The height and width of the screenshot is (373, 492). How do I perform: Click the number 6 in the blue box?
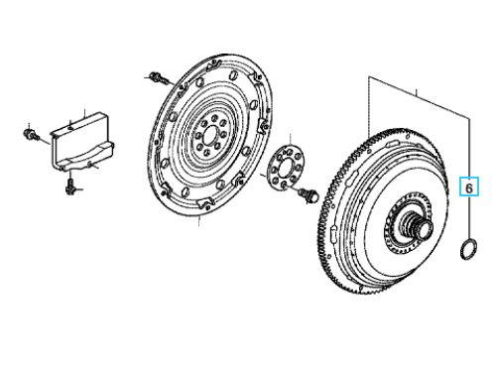pyautogui.click(x=469, y=187)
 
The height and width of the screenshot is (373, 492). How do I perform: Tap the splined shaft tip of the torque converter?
pyautogui.click(x=426, y=229)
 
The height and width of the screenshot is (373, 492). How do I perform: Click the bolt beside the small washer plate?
pyautogui.click(x=308, y=194)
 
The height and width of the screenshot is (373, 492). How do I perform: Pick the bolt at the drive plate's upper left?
pyautogui.click(x=158, y=78)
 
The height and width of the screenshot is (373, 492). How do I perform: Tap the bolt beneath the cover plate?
pyautogui.click(x=70, y=186)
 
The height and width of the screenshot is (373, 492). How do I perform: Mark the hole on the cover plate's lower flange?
pyautogui.click(x=90, y=164)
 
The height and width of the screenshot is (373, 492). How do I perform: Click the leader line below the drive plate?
pyautogui.click(x=198, y=221)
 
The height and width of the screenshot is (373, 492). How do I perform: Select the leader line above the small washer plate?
pyautogui.click(x=290, y=140)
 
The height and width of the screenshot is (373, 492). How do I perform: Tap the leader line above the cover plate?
pyautogui.click(x=84, y=114)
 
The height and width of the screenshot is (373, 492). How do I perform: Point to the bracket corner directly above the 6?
pyautogui.click(x=469, y=118)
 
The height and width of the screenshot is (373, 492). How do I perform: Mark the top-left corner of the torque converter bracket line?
pyautogui.click(x=369, y=77)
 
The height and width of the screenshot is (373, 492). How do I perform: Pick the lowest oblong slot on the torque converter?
pyautogui.click(x=333, y=230)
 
